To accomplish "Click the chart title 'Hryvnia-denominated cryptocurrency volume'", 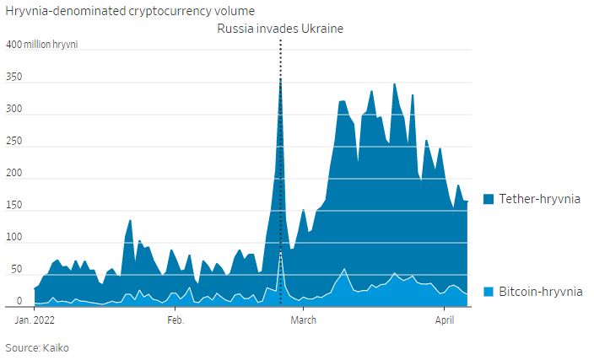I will point(130,10).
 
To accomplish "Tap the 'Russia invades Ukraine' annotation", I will point(280,29).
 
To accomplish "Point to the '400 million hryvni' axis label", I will point(42,44).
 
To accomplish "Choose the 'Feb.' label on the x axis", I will point(175,320).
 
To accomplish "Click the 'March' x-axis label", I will point(302,320).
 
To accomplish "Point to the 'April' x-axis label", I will point(445,320).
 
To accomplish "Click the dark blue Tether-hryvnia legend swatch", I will point(489,199).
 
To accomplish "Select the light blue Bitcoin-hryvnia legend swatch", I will point(489,292).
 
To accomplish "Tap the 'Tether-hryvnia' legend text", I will point(539,199).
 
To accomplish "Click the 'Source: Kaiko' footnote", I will point(39,347).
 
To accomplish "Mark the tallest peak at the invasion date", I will point(280,79).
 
